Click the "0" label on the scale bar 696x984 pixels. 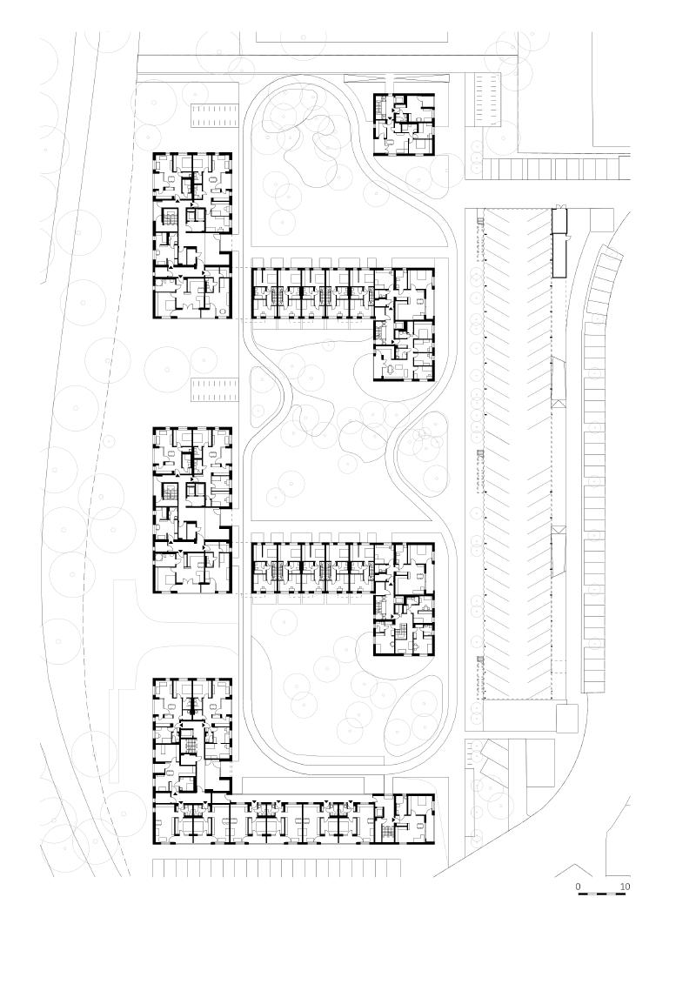pos(579,887)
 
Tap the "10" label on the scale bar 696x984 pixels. pos(625,887)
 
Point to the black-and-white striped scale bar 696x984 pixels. pos(601,895)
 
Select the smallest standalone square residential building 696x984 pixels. pos(405,124)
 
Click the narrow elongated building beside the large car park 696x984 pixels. pos(559,243)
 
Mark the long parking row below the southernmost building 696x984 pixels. pos(277,867)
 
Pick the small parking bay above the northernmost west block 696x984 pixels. pos(214,115)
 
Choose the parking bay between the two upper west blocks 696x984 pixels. pos(214,390)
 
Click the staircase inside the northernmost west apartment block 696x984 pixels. pos(171,216)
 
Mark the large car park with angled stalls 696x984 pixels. pos(518,452)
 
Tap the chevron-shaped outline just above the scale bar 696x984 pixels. pos(574,870)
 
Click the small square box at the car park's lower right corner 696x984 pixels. pos(567,718)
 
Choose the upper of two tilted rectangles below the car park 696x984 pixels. pos(496,751)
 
